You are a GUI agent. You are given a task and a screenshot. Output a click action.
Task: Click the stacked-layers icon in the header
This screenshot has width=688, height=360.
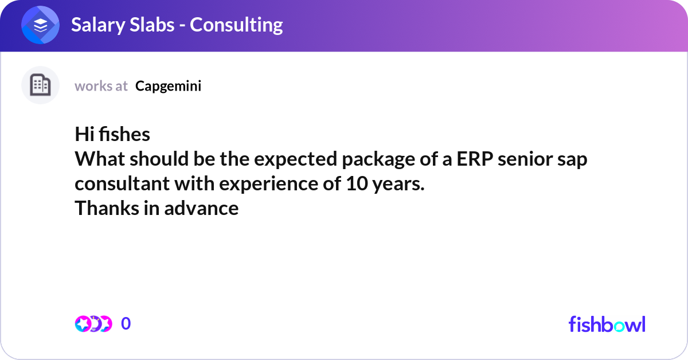point(40,25)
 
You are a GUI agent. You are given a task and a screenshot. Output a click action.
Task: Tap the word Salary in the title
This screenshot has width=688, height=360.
point(97,25)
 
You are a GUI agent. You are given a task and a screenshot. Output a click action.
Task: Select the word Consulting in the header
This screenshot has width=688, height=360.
point(236,25)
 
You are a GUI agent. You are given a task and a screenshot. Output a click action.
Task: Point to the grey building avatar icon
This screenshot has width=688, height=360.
point(40,85)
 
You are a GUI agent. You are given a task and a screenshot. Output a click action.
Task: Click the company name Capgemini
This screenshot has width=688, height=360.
point(169,87)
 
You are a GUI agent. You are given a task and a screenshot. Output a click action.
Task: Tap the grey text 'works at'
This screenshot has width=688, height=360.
point(101,86)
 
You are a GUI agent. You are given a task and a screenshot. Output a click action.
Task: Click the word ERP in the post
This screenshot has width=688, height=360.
point(475,159)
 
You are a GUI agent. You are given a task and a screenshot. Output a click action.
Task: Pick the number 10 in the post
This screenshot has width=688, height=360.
point(357,183)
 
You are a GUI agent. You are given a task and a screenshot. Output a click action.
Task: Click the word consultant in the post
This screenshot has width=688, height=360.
point(122,183)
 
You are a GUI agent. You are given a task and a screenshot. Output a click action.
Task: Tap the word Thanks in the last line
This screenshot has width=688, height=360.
point(107,208)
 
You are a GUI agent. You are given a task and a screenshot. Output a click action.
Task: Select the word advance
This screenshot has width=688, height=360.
point(201,208)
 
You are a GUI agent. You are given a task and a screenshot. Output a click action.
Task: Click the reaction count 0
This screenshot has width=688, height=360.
point(126,323)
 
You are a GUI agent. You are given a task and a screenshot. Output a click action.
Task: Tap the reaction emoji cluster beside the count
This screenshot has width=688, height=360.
point(93,324)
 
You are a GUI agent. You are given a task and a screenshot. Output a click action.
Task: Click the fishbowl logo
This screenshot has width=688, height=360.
point(607,324)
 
